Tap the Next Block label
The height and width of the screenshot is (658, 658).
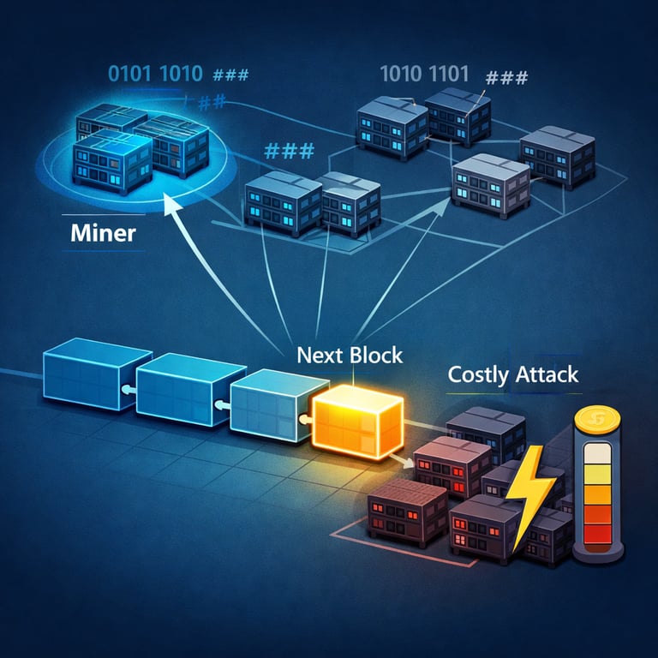click(350, 355)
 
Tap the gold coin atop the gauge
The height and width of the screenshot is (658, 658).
click(591, 421)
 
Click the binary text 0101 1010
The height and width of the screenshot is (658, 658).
click(155, 74)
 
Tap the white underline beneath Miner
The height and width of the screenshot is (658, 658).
click(103, 250)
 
